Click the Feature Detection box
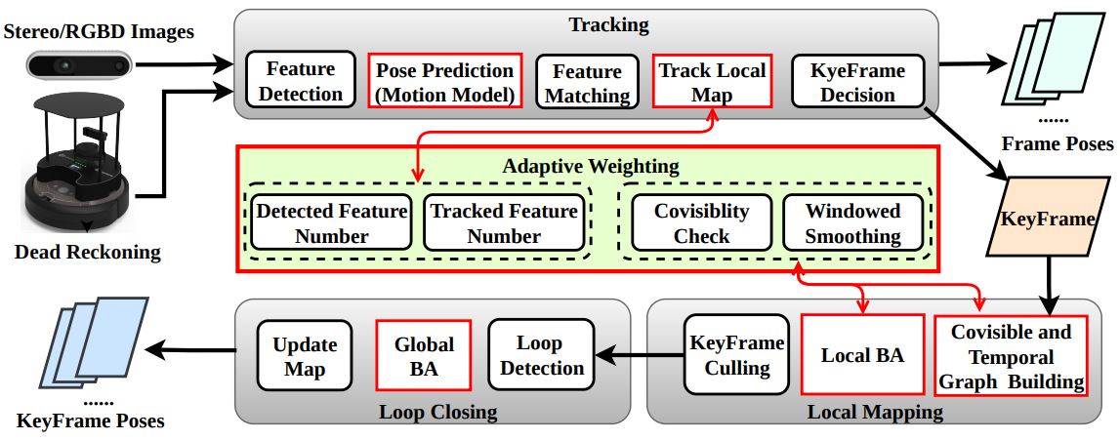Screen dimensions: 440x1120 tap(300, 81)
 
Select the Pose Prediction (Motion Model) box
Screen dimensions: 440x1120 tap(444, 82)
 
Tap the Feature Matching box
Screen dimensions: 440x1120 tap(587, 82)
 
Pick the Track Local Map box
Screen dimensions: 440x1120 tap(712, 82)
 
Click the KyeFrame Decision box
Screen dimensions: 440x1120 tap(857, 82)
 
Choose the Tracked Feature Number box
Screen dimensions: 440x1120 tap(503, 222)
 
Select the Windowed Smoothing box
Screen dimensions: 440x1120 tap(853, 222)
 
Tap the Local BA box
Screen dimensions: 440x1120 tap(862, 355)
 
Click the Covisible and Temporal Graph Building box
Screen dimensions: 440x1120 tap(1011, 355)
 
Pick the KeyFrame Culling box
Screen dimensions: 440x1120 tap(737, 355)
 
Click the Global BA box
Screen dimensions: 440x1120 tap(424, 356)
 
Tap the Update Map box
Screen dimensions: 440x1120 tap(305, 356)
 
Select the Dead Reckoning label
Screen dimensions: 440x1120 tap(87, 253)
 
